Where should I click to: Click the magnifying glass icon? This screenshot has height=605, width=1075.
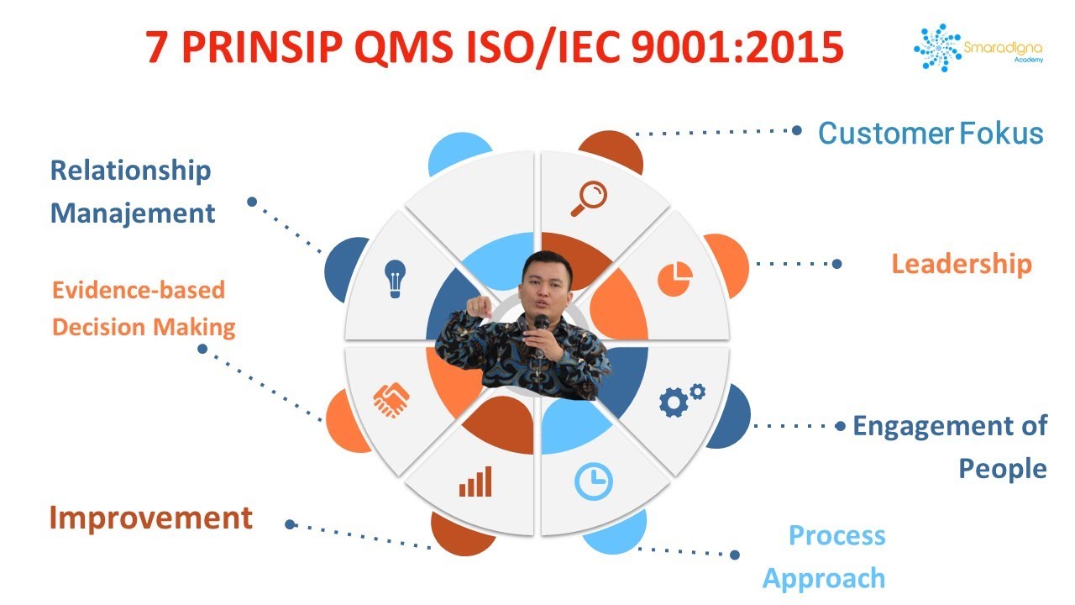[589, 198]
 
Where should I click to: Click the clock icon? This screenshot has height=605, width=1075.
[594, 481]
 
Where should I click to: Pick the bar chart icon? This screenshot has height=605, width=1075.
[475, 483]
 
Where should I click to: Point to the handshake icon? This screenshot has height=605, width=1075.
[391, 400]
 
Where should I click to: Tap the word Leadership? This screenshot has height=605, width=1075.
[961, 264]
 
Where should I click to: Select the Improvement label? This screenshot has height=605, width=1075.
[150, 518]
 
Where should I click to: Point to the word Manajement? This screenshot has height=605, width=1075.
[133, 213]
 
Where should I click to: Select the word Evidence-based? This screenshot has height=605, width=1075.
[139, 290]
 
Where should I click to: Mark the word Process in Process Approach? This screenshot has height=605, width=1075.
[836, 535]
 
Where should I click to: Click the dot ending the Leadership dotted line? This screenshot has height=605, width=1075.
[836, 264]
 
